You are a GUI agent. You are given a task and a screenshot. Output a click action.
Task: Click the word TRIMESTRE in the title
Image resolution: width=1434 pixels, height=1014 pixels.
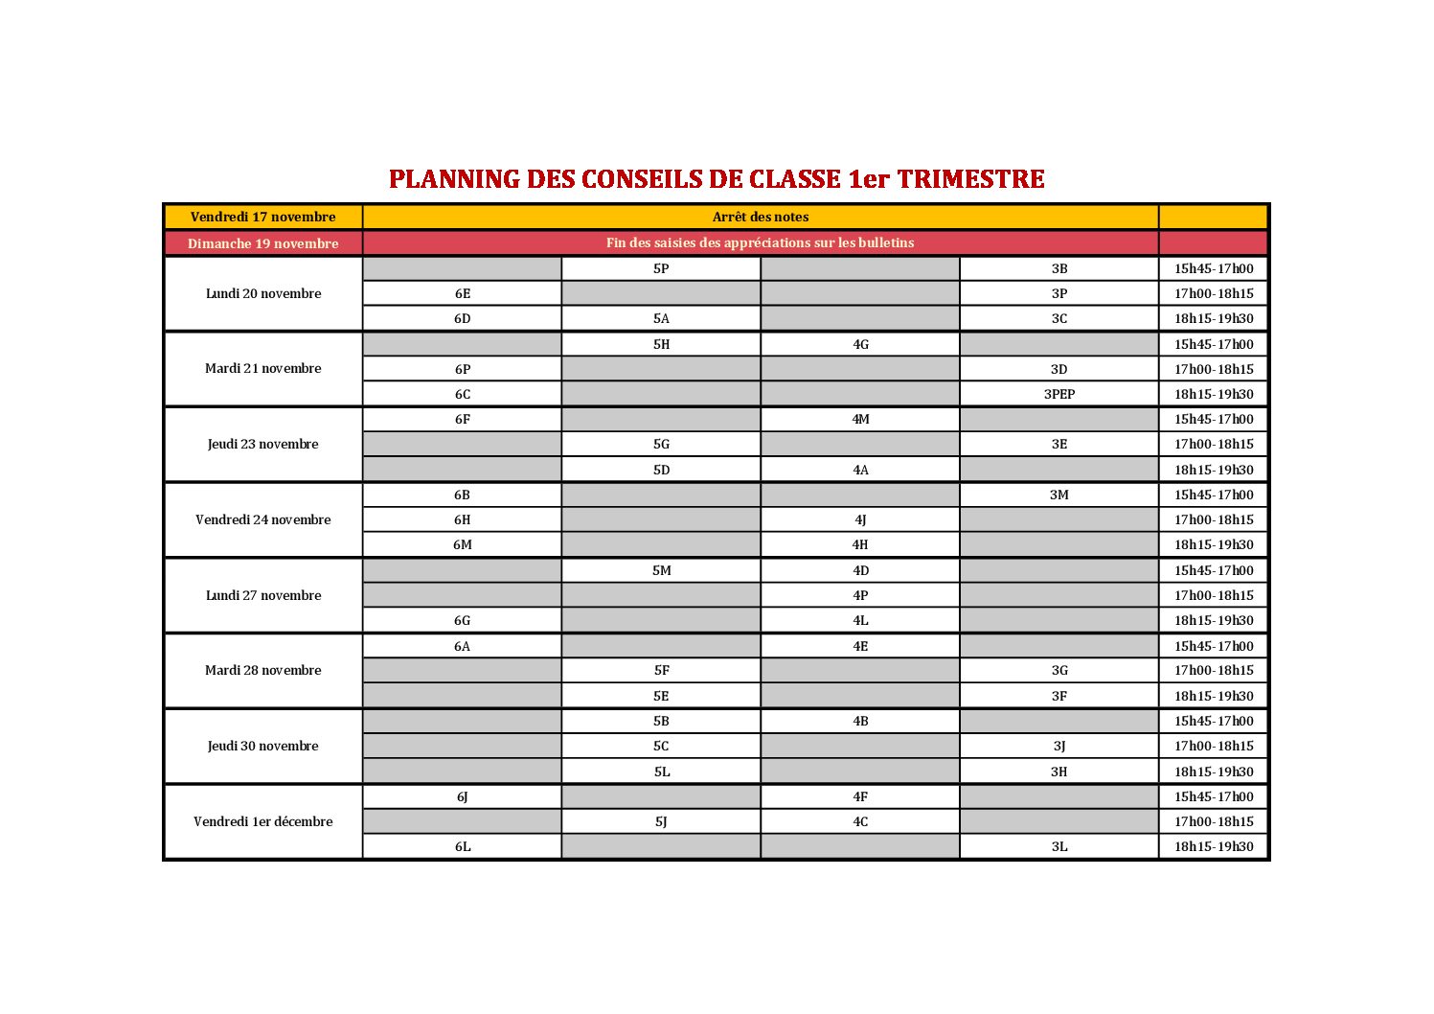(970, 179)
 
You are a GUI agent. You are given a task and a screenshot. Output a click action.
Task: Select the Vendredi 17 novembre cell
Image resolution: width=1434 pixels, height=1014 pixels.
(262, 217)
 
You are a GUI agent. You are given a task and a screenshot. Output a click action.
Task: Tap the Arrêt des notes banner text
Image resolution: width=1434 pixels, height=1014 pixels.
(761, 217)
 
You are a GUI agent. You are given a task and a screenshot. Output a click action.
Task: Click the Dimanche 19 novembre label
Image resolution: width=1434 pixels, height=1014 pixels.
(262, 243)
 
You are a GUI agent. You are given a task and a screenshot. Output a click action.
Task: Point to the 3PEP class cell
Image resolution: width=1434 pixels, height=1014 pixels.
(1058, 394)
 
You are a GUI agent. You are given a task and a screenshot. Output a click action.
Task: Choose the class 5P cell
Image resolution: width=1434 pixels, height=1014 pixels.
(661, 268)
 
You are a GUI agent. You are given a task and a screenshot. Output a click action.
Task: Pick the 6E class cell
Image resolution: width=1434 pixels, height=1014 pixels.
(462, 293)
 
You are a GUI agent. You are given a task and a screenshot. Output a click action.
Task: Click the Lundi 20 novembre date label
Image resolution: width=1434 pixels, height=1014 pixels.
(262, 293)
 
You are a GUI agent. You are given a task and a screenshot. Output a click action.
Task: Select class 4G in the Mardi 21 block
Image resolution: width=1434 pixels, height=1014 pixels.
(860, 344)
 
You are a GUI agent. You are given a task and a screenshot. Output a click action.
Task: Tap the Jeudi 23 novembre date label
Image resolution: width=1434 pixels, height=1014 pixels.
(262, 444)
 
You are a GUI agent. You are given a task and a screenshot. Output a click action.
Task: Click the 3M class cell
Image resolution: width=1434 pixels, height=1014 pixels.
(1058, 495)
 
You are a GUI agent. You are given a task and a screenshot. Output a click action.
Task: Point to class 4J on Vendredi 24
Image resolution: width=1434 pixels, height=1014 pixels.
(860, 519)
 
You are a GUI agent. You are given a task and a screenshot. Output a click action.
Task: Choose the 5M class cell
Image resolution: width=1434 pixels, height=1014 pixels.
(661, 570)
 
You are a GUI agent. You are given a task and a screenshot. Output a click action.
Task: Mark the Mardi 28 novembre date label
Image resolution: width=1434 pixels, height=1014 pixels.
(262, 670)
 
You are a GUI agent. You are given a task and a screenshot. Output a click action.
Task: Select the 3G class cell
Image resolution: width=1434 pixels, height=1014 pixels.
(1058, 670)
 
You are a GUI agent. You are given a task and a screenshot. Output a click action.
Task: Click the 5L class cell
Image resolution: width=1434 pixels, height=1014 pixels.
(661, 772)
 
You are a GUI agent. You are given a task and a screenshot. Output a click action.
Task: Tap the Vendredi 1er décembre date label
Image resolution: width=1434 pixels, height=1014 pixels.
(262, 821)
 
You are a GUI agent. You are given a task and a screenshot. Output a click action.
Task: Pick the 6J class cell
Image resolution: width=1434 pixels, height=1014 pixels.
(462, 796)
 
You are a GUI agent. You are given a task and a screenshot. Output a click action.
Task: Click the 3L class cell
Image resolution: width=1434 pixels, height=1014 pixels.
(1058, 846)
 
